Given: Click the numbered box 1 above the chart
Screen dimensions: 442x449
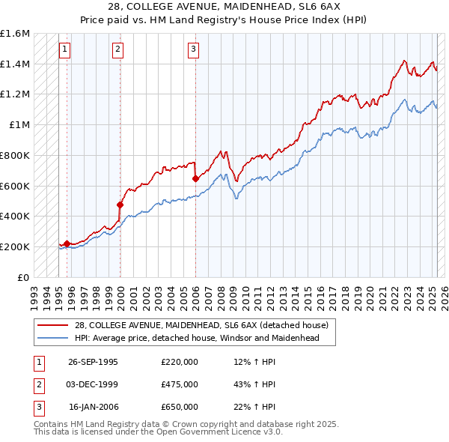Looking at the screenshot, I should tap(65, 50).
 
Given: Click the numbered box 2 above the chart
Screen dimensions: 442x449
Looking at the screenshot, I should tap(118, 50).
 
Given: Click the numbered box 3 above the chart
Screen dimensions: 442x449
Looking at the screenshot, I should tap(193, 50).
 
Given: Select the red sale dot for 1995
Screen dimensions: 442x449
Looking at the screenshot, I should tap(67, 243).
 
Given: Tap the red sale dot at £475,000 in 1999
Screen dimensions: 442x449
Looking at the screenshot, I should tap(120, 205).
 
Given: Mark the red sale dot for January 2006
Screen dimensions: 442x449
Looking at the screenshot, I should tap(195, 178).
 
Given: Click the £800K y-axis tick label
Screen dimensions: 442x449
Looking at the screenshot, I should tap(15, 155).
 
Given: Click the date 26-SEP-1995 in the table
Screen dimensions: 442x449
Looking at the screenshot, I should tap(93, 362).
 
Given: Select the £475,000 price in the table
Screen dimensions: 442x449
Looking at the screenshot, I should tap(179, 384).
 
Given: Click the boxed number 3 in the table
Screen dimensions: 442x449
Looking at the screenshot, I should tap(37, 407).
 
